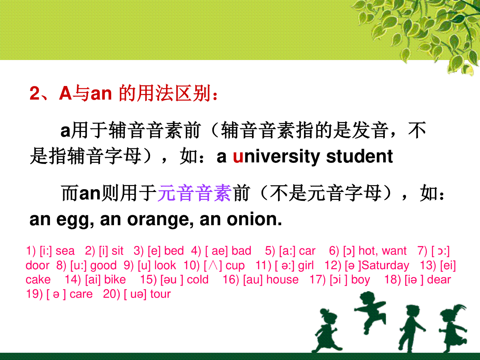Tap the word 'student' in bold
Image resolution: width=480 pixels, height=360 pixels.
[360, 156]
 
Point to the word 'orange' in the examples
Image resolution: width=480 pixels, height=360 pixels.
[160, 220]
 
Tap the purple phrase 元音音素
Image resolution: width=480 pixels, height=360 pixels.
[194, 193]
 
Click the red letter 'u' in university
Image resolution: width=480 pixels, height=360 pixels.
[238, 157]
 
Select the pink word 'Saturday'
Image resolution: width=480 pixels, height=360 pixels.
[385, 266]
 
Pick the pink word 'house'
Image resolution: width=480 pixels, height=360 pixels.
[282, 280]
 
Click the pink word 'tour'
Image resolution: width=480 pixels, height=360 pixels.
[160, 294]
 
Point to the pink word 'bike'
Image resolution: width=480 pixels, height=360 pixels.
[115, 280]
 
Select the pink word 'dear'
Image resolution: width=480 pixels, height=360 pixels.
[439, 280]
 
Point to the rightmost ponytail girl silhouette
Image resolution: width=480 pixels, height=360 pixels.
[453, 328]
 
